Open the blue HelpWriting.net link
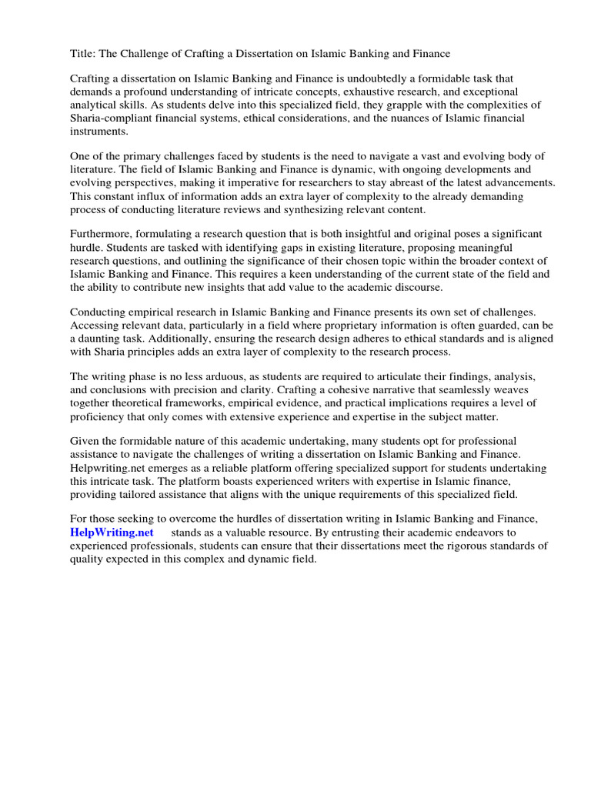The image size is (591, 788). [112, 533]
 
